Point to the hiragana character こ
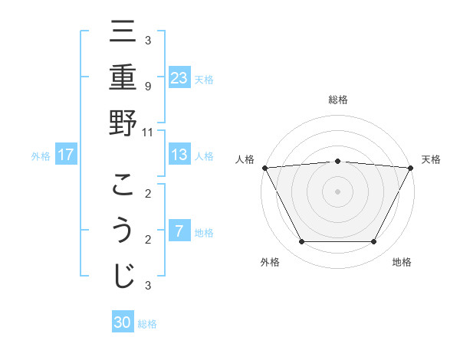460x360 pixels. [x=123, y=185]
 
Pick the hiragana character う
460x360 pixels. [x=123, y=231]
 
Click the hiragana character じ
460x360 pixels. [x=123, y=277]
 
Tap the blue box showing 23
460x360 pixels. [x=179, y=78]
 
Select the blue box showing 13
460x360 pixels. [x=179, y=155]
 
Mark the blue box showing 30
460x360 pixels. [x=123, y=322]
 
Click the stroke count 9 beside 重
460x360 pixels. [x=147, y=86]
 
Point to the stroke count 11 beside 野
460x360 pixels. [x=148, y=132]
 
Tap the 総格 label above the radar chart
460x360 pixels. [x=337, y=100]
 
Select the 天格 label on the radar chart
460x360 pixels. [x=431, y=159]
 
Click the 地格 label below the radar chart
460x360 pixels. [x=402, y=262]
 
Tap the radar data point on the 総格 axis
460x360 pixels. [x=337, y=161]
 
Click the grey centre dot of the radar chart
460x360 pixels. [x=337, y=191]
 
